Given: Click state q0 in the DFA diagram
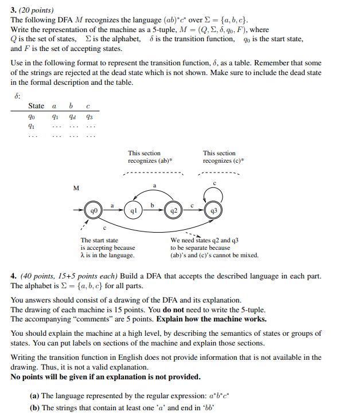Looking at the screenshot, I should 94,210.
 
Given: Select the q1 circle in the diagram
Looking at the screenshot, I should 134,210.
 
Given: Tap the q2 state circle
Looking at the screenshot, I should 173,210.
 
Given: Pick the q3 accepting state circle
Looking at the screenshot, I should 214,210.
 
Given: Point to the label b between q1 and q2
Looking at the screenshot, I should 153,205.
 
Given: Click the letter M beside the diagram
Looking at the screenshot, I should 77,187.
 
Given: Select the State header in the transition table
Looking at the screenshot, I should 36,106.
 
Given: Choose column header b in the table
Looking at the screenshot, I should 71,106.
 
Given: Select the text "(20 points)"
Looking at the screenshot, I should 36,10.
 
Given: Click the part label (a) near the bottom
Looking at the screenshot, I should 34,395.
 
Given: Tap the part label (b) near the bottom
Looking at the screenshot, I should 34,407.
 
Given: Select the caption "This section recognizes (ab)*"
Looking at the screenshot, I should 150,157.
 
